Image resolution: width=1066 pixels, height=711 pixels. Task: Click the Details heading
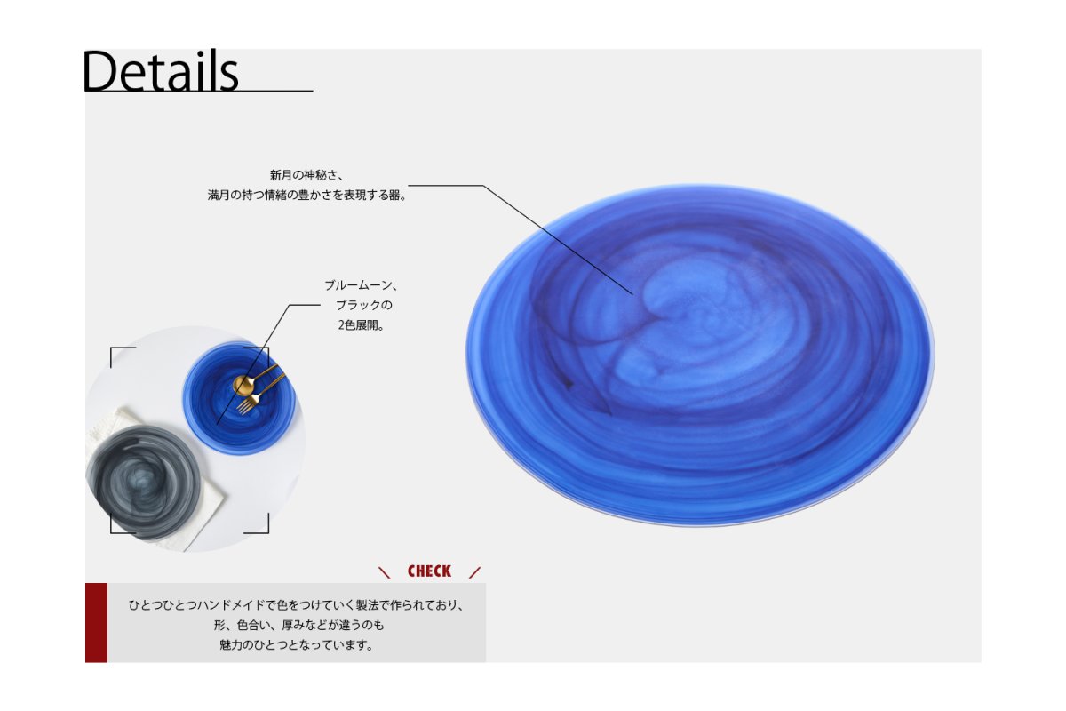[161, 70]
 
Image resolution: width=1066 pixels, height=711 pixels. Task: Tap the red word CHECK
[429, 571]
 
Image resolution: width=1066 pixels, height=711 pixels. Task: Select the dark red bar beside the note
[96, 622]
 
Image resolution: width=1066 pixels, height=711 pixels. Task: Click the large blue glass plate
[700, 355]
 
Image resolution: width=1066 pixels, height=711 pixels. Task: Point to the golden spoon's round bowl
[243, 386]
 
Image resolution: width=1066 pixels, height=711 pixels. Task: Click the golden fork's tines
[244, 406]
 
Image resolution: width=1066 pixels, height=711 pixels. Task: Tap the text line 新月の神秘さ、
[306, 175]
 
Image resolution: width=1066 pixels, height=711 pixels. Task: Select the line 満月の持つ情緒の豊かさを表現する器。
[307, 196]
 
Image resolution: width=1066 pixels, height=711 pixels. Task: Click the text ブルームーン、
[362, 285]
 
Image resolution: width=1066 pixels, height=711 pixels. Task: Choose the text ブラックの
[364, 305]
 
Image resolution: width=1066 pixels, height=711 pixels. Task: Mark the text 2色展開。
[362, 325]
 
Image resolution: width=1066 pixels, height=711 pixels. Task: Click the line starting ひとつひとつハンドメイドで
[296, 605]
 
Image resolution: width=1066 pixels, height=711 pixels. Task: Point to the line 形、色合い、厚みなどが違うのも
[298, 625]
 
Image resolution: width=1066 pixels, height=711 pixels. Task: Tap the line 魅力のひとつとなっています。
[296, 645]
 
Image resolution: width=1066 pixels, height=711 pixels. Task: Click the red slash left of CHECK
[384, 572]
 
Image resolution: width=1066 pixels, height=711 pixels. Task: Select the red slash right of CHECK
[474, 572]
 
